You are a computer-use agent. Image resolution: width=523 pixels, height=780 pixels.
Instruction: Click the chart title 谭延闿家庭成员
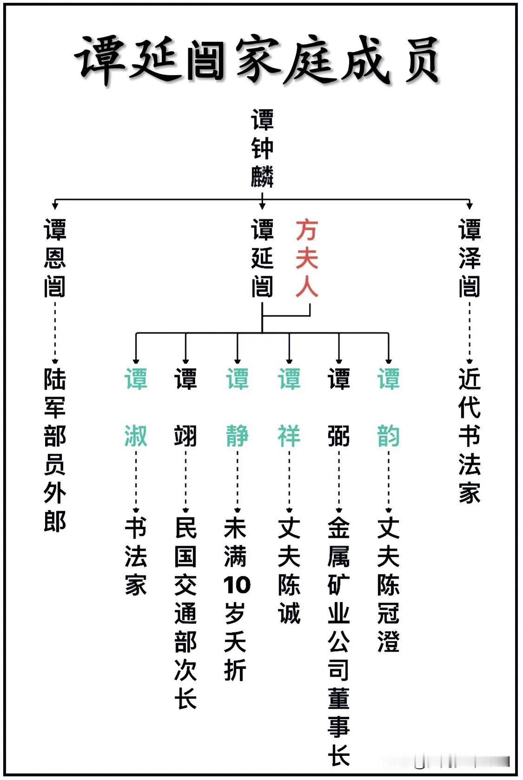pos(258,60)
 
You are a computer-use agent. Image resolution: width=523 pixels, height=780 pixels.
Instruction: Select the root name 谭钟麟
pos(262,148)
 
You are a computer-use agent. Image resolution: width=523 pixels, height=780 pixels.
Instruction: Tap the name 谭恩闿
pos(55,258)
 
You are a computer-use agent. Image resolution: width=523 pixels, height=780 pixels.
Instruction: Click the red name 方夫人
pos(307,258)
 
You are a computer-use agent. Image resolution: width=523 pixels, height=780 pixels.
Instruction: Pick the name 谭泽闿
pos(470,258)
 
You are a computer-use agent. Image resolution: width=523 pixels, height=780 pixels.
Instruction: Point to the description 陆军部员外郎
pos(55,450)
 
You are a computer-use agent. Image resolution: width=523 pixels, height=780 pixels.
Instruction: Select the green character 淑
pos(136,436)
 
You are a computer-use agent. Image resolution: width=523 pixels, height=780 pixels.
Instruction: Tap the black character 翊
pos(185,436)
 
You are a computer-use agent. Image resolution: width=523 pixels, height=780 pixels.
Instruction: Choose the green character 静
pos(237,436)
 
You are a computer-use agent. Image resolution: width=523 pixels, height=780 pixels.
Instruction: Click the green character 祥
pos(289,436)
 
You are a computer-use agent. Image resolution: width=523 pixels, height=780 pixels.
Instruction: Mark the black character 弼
pos(339,436)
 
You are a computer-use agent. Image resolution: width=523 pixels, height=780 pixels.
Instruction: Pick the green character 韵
pos(389,436)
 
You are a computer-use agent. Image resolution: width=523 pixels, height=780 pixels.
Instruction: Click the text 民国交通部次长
pos(185,613)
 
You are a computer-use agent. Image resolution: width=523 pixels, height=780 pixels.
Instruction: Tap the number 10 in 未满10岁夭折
pos(237,585)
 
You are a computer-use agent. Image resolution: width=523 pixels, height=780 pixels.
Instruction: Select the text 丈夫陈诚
pos(289,570)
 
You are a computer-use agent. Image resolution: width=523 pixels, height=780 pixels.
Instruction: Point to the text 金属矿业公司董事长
pos(339,641)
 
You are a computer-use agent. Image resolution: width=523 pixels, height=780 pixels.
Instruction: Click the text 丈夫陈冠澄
pos(389,585)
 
